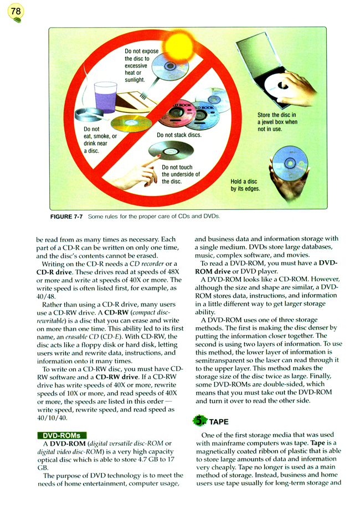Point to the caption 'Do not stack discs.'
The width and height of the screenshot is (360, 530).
[179, 135]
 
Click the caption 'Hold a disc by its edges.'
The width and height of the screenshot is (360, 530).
[245, 185]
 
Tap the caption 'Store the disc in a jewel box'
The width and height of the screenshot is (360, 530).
[277, 122]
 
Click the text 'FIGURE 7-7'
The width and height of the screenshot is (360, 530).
[66, 217]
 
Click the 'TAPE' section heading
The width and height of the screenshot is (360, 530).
[219, 421]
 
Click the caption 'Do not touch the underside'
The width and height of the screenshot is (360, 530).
[181, 174]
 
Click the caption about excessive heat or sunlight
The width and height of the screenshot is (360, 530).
[141, 65]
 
